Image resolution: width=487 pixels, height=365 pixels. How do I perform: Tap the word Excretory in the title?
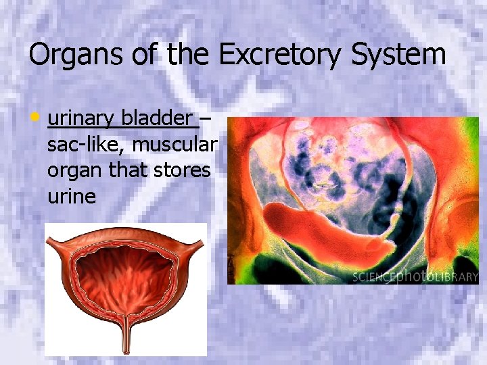281,54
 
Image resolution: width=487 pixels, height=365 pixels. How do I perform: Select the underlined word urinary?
80,119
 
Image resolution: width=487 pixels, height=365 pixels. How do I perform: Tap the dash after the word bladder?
205,120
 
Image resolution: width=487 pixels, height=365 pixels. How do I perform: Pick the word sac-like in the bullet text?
86,145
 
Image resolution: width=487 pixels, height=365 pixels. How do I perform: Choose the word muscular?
175,145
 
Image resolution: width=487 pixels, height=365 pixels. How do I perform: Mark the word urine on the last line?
72,196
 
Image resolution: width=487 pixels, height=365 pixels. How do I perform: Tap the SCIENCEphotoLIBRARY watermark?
415,276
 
